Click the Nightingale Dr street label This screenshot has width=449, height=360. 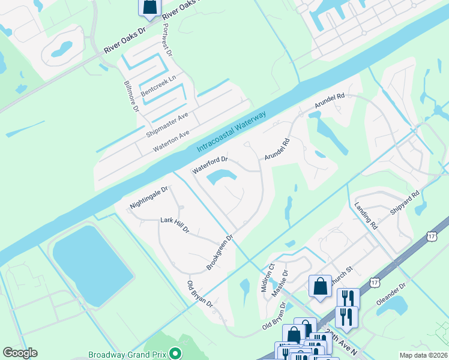(x=148, y=198)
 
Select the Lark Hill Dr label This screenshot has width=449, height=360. (x=175, y=225)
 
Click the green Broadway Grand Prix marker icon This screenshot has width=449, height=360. (x=175, y=354)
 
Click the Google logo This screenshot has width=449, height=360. (x=20, y=353)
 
